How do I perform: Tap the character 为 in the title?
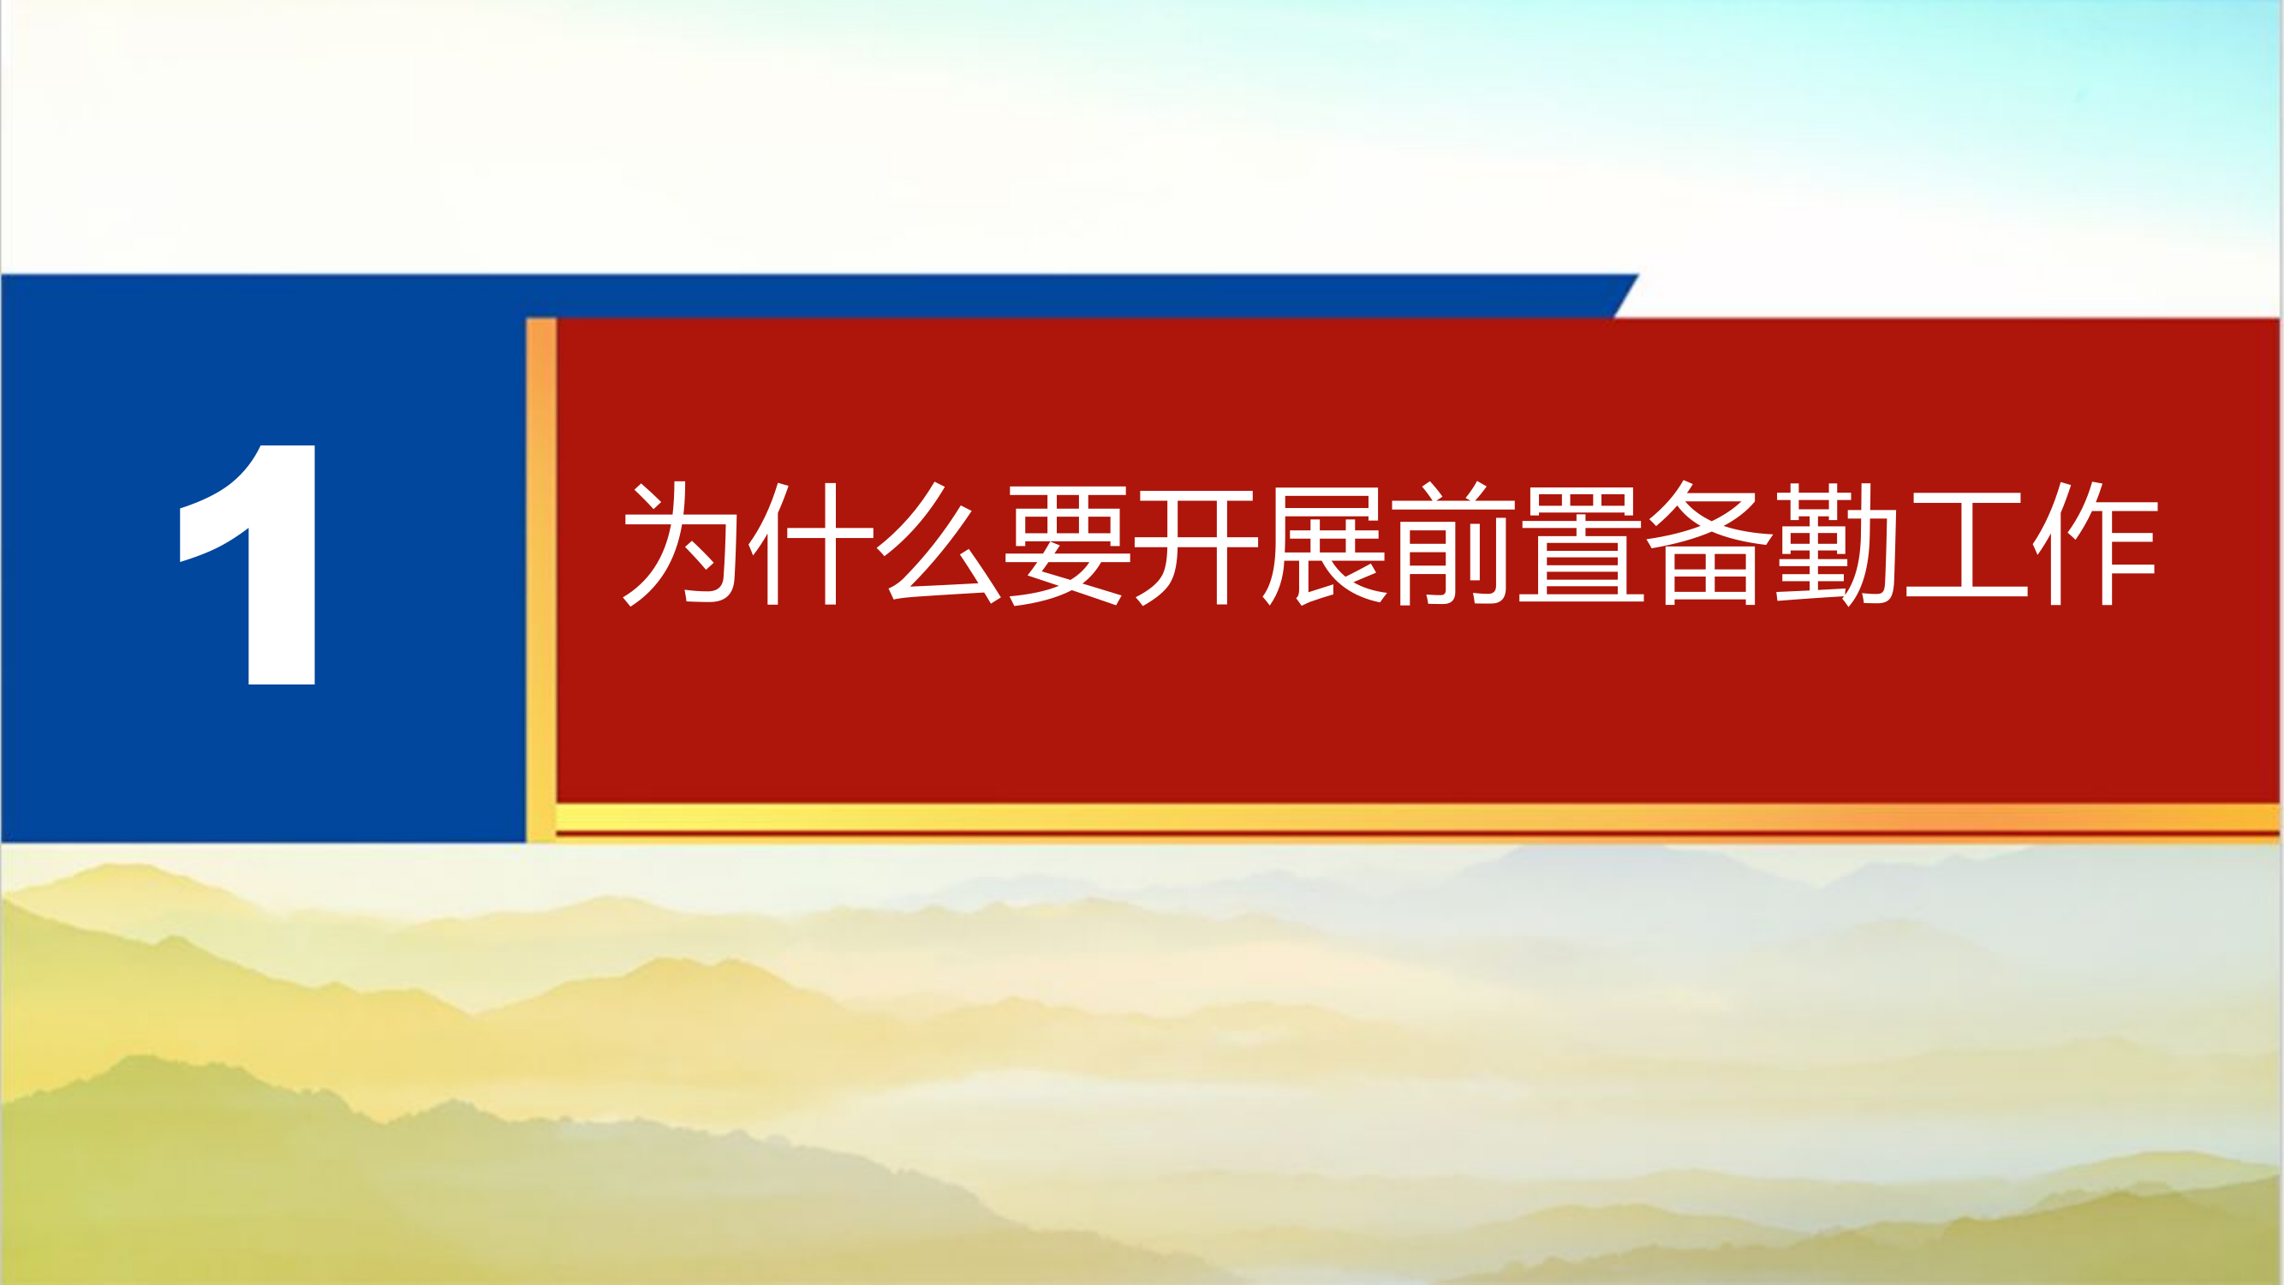click(681, 544)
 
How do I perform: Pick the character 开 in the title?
click(1197, 544)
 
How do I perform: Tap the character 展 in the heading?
click(1325, 544)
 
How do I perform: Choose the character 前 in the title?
click(1453, 544)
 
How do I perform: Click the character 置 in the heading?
click(1582, 544)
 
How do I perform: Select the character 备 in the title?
click(1709, 544)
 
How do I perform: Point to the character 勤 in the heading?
click(1838, 544)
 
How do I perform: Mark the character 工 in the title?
click(1966, 544)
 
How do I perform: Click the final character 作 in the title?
click(2094, 544)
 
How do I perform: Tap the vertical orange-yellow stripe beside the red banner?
click(541, 577)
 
